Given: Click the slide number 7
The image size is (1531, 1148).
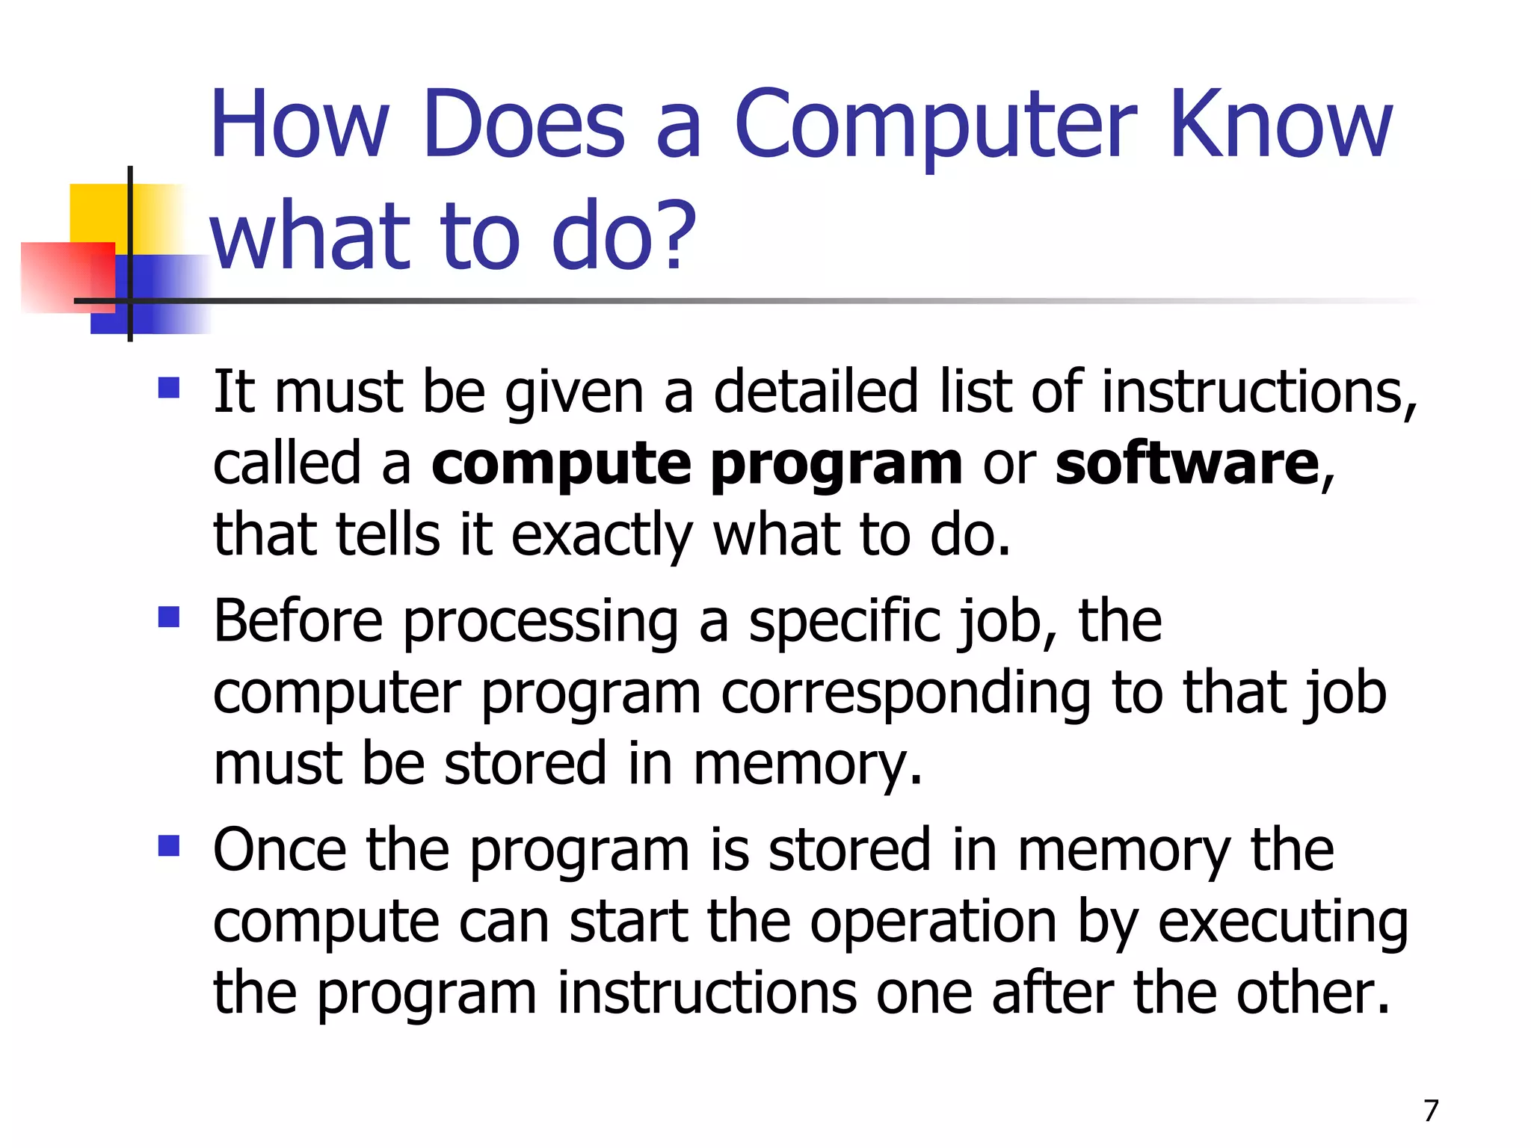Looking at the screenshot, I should click(x=1431, y=1111).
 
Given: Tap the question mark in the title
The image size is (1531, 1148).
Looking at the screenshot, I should click(x=680, y=236).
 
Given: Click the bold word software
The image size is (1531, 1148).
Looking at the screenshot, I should click(x=1187, y=464).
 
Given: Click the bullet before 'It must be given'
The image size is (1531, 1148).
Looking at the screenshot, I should click(x=169, y=388).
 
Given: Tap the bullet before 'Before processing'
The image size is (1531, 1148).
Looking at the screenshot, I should click(x=169, y=617).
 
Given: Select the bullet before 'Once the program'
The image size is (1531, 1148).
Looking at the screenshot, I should click(x=169, y=846).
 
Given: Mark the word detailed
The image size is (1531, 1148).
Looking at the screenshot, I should click(x=816, y=392).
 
